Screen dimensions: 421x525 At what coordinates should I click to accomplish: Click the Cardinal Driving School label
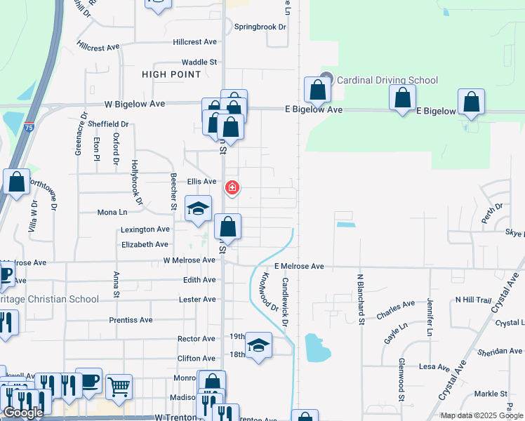click(x=387, y=80)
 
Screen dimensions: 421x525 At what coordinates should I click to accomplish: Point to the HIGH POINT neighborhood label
click(x=171, y=74)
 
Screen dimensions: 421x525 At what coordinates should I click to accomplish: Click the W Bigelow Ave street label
click(x=134, y=104)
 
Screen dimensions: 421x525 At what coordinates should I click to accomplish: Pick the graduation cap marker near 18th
click(x=258, y=346)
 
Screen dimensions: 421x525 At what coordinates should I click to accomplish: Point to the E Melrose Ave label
click(x=299, y=267)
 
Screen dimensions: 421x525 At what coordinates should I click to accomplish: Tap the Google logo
click(x=23, y=413)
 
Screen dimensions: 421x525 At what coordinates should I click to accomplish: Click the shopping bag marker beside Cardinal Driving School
click(x=317, y=90)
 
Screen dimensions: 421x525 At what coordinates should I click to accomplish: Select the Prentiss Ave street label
click(x=131, y=320)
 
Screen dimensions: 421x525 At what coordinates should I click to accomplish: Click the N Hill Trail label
click(x=474, y=300)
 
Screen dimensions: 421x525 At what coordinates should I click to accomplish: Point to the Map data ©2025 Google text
click(x=482, y=415)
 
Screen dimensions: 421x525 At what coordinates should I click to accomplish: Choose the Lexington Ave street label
click(x=145, y=229)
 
